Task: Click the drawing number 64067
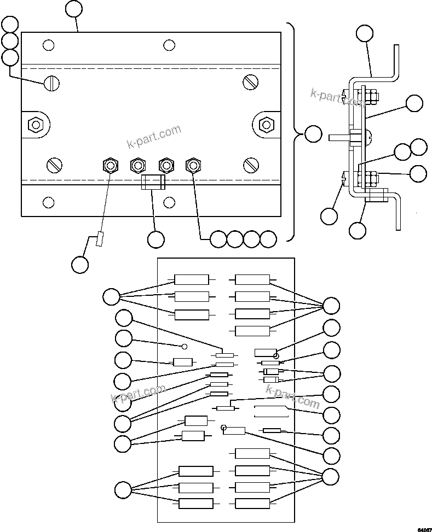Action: pyautogui.click(x=423, y=529)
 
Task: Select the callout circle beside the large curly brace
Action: pyautogui.click(x=313, y=133)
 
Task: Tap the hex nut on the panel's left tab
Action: pyautogui.click(x=36, y=125)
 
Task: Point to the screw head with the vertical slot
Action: pyautogui.click(x=52, y=83)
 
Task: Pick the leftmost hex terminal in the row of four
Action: pyautogui.click(x=110, y=165)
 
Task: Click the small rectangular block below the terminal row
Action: pyautogui.click(x=153, y=182)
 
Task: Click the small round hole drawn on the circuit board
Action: pyautogui.click(x=185, y=346)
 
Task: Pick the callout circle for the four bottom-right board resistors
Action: pyautogui.click(x=331, y=476)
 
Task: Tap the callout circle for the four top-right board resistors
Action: pyautogui.click(x=331, y=305)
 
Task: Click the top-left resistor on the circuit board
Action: pyautogui.click(x=192, y=279)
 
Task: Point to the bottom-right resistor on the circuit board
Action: pyautogui.click(x=252, y=504)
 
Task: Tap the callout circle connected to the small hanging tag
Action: pyautogui.click(x=80, y=264)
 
